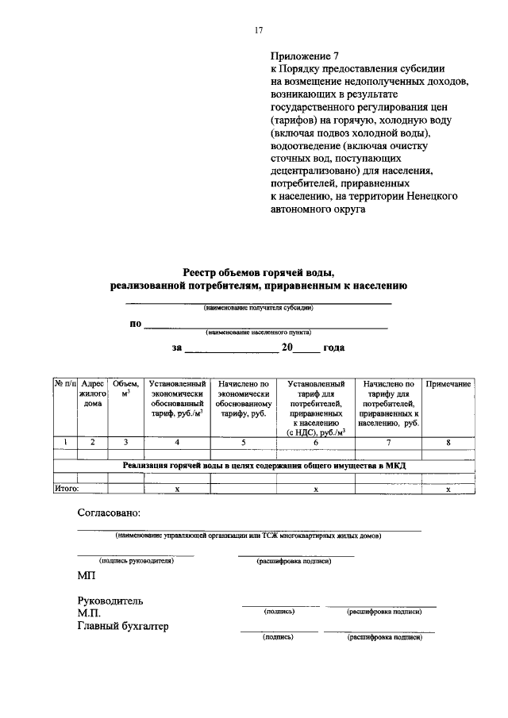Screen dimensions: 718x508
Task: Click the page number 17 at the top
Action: coord(258,30)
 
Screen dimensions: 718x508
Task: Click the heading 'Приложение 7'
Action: coord(305,56)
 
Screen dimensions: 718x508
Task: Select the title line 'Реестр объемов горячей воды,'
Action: coord(259,272)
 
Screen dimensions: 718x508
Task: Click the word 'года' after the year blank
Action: coord(334,347)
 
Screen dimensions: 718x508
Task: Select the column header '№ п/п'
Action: coord(64,384)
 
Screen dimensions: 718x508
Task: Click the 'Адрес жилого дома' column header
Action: coord(93,394)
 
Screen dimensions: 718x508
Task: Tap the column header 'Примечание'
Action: coord(448,384)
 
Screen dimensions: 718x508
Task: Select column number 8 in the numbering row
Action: coord(448,443)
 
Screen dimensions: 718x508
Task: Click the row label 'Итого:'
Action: coord(66,489)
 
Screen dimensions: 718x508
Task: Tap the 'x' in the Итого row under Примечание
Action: coord(448,490)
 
